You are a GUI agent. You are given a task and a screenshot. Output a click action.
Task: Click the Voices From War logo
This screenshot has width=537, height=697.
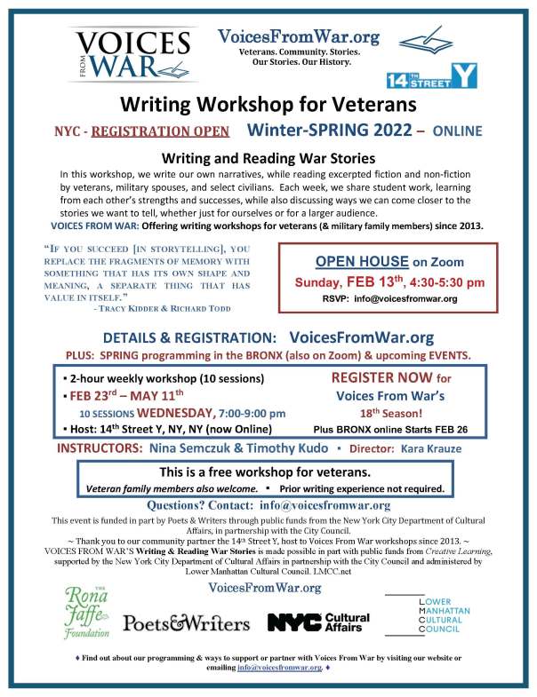pos(132,54)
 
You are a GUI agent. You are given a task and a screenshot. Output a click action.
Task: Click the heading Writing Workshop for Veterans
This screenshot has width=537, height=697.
pos(268,105)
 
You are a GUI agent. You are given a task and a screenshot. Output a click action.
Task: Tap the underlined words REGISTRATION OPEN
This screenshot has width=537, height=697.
pos(164,131)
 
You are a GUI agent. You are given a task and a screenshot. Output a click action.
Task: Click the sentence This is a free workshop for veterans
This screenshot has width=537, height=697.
pos(267,471)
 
